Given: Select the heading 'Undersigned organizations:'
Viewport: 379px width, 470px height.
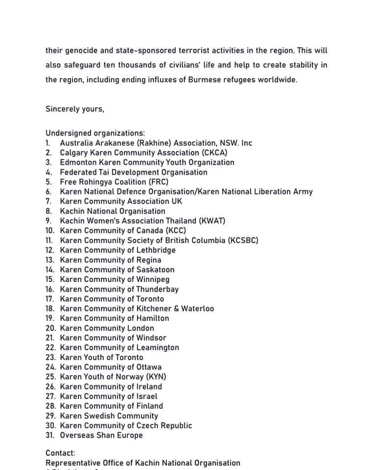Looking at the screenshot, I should (95, 133).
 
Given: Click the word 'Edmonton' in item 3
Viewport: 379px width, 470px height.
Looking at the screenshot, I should (77, 163).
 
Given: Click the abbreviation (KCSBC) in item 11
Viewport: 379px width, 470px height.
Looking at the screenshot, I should (243, 240).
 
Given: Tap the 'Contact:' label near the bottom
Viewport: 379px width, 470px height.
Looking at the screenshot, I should (60, 453).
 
